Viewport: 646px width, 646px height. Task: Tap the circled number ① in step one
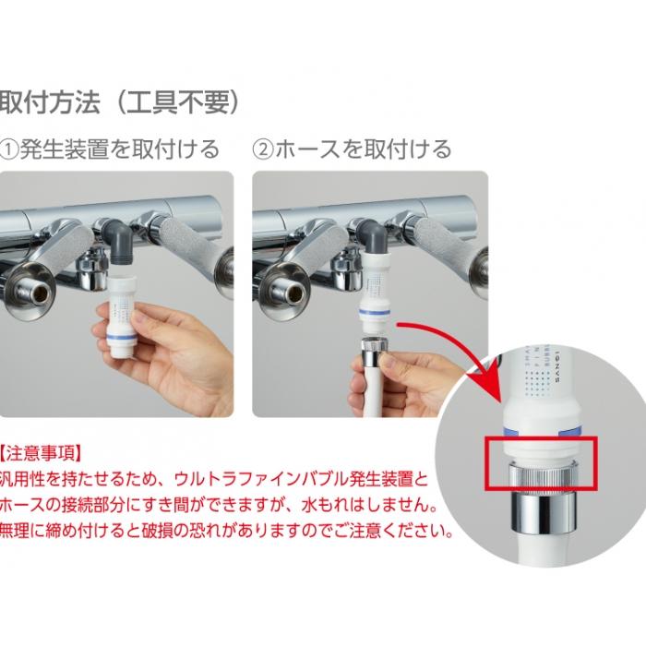pos(12,148)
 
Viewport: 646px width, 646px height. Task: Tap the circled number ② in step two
pos(264,148)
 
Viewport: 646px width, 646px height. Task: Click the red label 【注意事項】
pos(42,454)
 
